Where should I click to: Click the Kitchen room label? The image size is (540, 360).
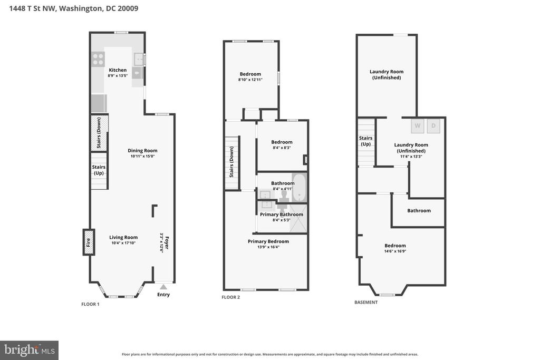click(x=118, y=70)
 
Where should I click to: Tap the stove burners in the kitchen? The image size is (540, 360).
click(x=98, y=59)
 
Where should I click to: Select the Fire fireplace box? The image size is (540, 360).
click(x=89, y=242)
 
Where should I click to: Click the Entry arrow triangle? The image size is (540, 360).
click(x=163, y=287)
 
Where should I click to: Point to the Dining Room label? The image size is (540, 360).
click(x=142, y=150)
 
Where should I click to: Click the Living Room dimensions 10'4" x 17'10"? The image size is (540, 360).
click(x=123, y=243)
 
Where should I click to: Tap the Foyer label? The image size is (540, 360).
click(x=167, y=242)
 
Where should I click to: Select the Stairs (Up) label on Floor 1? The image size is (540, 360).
click(x=99, y=170)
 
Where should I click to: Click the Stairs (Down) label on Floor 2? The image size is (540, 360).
click(x=232, y=162)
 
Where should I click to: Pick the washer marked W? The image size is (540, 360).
click(x=418, y=125)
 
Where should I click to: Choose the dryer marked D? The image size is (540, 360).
click(x=433, y=125)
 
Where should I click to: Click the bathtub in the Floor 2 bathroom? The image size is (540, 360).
click(x=299, y=188)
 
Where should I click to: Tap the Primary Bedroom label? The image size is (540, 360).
click(x=268, y=241)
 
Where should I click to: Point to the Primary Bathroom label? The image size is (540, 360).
click(x=282, y=215)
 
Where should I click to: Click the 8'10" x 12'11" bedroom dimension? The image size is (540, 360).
click(x=250, y=80)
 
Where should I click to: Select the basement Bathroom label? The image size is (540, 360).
click(x=419, y=211)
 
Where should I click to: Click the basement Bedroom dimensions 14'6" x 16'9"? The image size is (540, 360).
click(x=396, y=251)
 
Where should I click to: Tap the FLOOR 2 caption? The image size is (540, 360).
click(x=231, y=297)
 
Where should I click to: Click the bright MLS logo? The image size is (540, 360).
click(x=30, y=351)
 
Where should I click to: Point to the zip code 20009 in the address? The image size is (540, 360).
click(x=128, y=8)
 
